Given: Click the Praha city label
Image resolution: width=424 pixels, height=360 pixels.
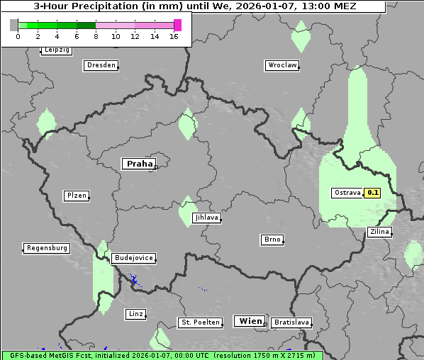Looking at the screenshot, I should (x=139, y=164).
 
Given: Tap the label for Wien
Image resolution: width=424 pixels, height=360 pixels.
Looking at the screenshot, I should (x=250, y=321).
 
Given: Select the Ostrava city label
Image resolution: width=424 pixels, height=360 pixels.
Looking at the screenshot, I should (x=347, y=193).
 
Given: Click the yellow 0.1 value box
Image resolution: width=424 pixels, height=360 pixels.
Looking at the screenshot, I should (x=373, y=193).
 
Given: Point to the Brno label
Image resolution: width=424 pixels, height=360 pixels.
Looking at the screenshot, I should (x=272, y=240).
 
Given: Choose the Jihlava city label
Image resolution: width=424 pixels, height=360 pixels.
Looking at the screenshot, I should (x=206, y=218).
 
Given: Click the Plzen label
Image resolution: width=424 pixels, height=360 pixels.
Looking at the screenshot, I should (x=76, y=196).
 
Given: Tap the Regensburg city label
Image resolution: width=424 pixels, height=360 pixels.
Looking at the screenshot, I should (x=47, y=248).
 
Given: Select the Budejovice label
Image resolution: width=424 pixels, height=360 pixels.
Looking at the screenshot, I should (x=133, y=258).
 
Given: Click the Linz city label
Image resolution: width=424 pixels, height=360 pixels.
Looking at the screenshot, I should (x=135, y=313).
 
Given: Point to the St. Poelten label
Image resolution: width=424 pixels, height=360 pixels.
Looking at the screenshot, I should (x=201, y=322).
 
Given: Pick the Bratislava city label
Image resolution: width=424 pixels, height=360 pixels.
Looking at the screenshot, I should (x=291, y=322).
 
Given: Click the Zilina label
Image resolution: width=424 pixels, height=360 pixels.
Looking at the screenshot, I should (x=379, y=232).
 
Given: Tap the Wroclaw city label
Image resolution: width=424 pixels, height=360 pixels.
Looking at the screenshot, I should (x=281, y=65).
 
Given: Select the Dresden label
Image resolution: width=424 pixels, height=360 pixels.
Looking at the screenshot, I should (x=100, y=65).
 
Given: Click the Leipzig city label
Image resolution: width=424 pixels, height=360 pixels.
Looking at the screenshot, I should (x=56, y=50).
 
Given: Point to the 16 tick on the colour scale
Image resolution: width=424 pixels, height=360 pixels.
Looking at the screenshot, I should (x=174, y=36).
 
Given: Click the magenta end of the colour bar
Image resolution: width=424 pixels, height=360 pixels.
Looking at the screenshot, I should (x=177, y=25).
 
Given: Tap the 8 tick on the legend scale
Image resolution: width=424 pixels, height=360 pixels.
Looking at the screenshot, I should (x=96, y=36).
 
